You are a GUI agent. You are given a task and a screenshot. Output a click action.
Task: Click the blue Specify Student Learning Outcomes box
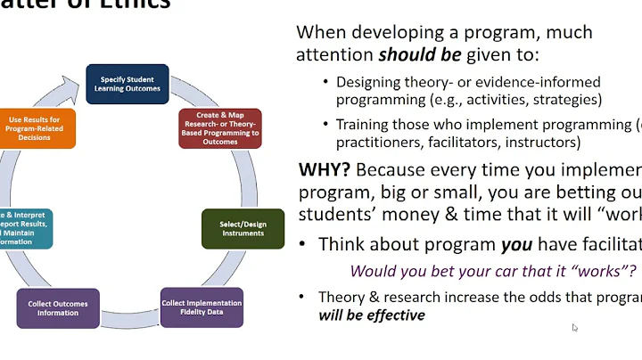[128, 83]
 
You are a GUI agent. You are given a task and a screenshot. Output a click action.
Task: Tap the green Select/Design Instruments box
[243, 228]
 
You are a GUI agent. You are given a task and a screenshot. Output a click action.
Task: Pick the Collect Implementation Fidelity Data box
[202, 308]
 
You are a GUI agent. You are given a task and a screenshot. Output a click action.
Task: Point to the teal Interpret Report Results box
[25, 228]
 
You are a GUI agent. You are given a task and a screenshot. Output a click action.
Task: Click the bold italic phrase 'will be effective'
[372, 315]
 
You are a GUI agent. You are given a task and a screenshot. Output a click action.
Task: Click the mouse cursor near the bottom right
[575, 328]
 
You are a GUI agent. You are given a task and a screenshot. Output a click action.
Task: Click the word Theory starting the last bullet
[341, 298]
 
